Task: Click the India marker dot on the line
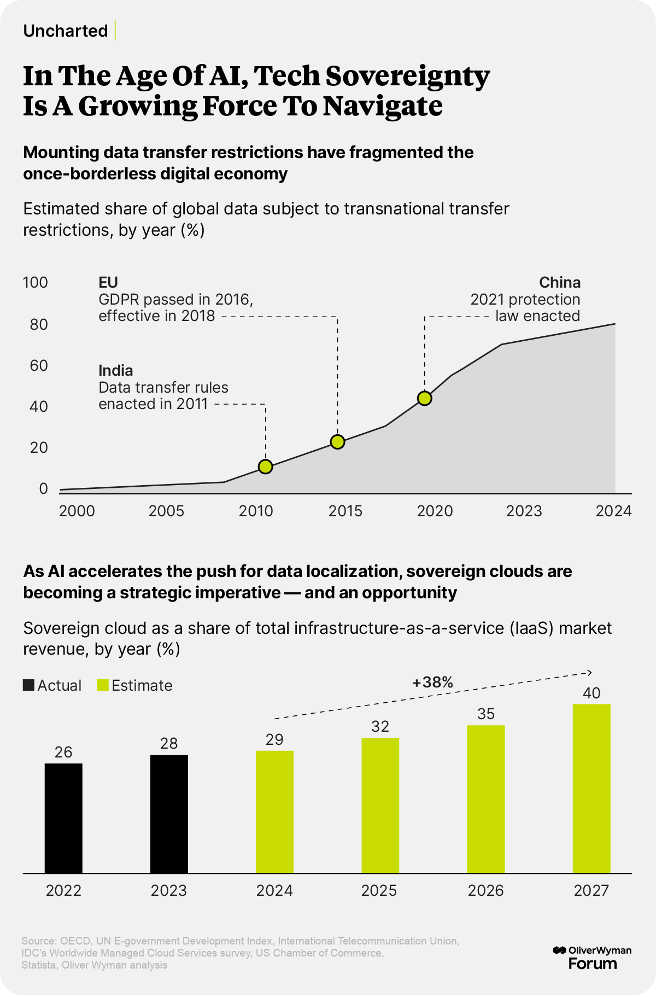tap(265, 467)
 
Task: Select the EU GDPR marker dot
tap(338, 442)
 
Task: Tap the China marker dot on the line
tap(424, 398)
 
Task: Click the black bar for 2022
tap(63, 818)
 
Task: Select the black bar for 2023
tap(169, 814)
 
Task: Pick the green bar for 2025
tap(380, 805)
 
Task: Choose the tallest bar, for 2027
tap(591, 788)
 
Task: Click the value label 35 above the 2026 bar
tap(485, 714)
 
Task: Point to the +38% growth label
tap(432, 682)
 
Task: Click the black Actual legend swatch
tap(28, 685)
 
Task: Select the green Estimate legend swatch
tap(103, 685)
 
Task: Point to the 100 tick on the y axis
tap(36, 283)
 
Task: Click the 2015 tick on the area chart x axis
tap(345, 511)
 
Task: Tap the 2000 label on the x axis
tap(77, 511)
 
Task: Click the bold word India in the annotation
tap(116, 370)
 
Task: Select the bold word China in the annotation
tap(560, 282)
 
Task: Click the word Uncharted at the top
tap(66, 31)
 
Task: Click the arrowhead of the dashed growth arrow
tap(590, 672)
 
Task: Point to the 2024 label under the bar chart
tap(274, 890)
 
